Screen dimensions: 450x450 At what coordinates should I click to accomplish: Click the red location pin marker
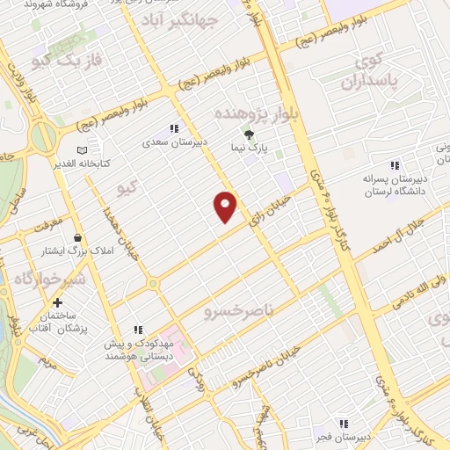coord(227,205)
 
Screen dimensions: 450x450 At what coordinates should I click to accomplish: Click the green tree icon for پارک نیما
coord(250,134)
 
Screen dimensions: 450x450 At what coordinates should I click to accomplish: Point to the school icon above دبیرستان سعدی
coord(174,127)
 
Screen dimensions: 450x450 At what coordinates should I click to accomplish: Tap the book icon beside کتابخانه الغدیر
coord(83,149)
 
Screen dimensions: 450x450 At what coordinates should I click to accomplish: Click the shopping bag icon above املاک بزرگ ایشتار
coord(78,237)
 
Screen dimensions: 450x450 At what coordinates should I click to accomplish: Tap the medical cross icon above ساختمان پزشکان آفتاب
coord(57,302)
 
